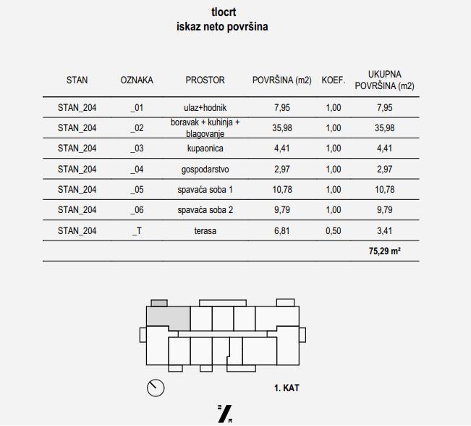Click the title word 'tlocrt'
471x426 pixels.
coord(224,12)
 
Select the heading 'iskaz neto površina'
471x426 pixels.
coord(224,27)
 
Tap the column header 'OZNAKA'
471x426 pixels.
coord(137,80)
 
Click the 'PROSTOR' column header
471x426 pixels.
coord(205,80)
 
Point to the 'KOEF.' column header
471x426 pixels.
coord(333,80)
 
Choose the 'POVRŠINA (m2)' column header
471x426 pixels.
coord(281,80)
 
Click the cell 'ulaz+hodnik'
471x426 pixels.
coord(205,108)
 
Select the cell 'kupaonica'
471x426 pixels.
coord(205,149)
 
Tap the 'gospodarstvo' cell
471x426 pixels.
coord(205,170)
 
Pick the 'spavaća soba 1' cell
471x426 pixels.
coord(205,190)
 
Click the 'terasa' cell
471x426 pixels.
coord(205,232)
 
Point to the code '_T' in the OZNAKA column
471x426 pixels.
coord(137,232)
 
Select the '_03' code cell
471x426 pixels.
coord(137,149)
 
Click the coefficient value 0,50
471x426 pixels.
coord(333,232)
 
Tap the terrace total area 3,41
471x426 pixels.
coord(384,232)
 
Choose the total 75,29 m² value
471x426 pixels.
coord(384,252)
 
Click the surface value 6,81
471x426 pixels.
coord(281,232)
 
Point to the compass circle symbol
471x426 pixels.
coord(156,388)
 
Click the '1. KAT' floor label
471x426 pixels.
coord(287,388)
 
